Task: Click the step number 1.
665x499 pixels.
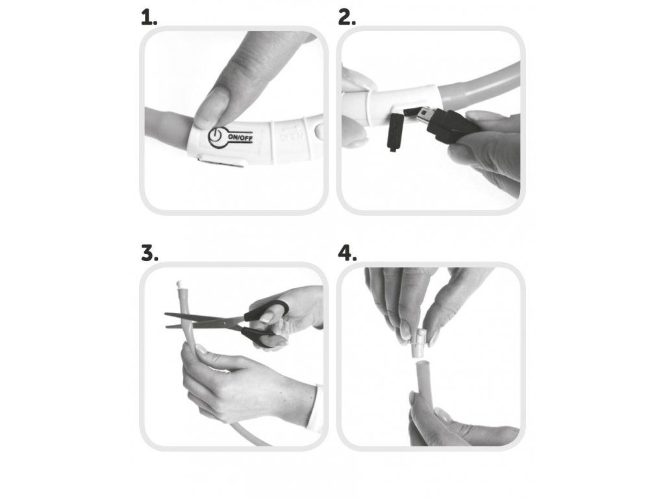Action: point(149,18)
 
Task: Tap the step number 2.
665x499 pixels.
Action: point(347,18)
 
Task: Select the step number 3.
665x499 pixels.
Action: point(149,253)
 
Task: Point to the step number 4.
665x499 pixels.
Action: point(347,253)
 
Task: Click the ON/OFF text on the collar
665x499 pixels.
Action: point(240,137)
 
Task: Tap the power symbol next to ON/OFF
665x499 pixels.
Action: point(216,138)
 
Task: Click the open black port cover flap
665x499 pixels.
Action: point(395,132)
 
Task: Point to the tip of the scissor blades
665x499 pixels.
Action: point(166,314)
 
